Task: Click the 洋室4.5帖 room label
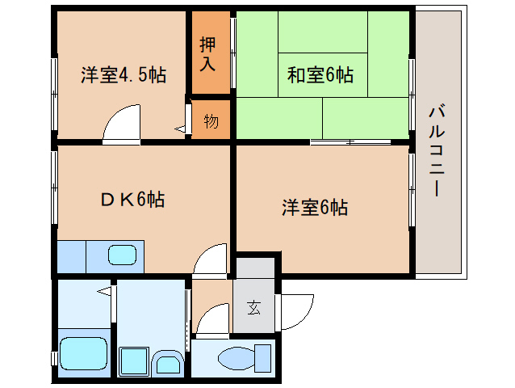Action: (x=123, y=76)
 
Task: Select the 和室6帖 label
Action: (x=320, y=75)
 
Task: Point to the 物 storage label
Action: (x=211, y=121)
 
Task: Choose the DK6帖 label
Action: (x=133, y=199)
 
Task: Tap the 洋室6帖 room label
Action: (x=314, y=208)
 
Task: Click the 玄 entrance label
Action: (x=253, y=307)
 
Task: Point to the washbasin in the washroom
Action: (x=168, y=361)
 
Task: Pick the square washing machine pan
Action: (x=132, y=359)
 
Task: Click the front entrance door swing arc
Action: (x=295, y=308)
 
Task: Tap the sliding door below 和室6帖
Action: (x=350, y=142)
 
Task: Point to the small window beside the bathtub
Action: (x=54, y=356)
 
